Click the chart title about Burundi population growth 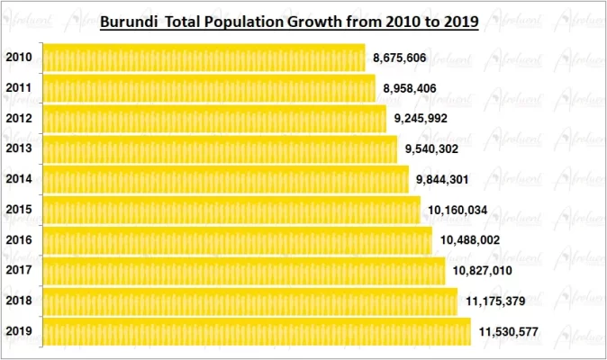[x=288, y=20]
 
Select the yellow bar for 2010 [x=204, y=58]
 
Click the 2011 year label [x=19, y=88]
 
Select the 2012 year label [x=19, y=119]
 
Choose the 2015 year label [x=19, y=211]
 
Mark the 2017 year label [x=19, y=271]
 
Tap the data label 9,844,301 [x=442, y=180]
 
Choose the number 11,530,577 [x=509, y=332]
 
